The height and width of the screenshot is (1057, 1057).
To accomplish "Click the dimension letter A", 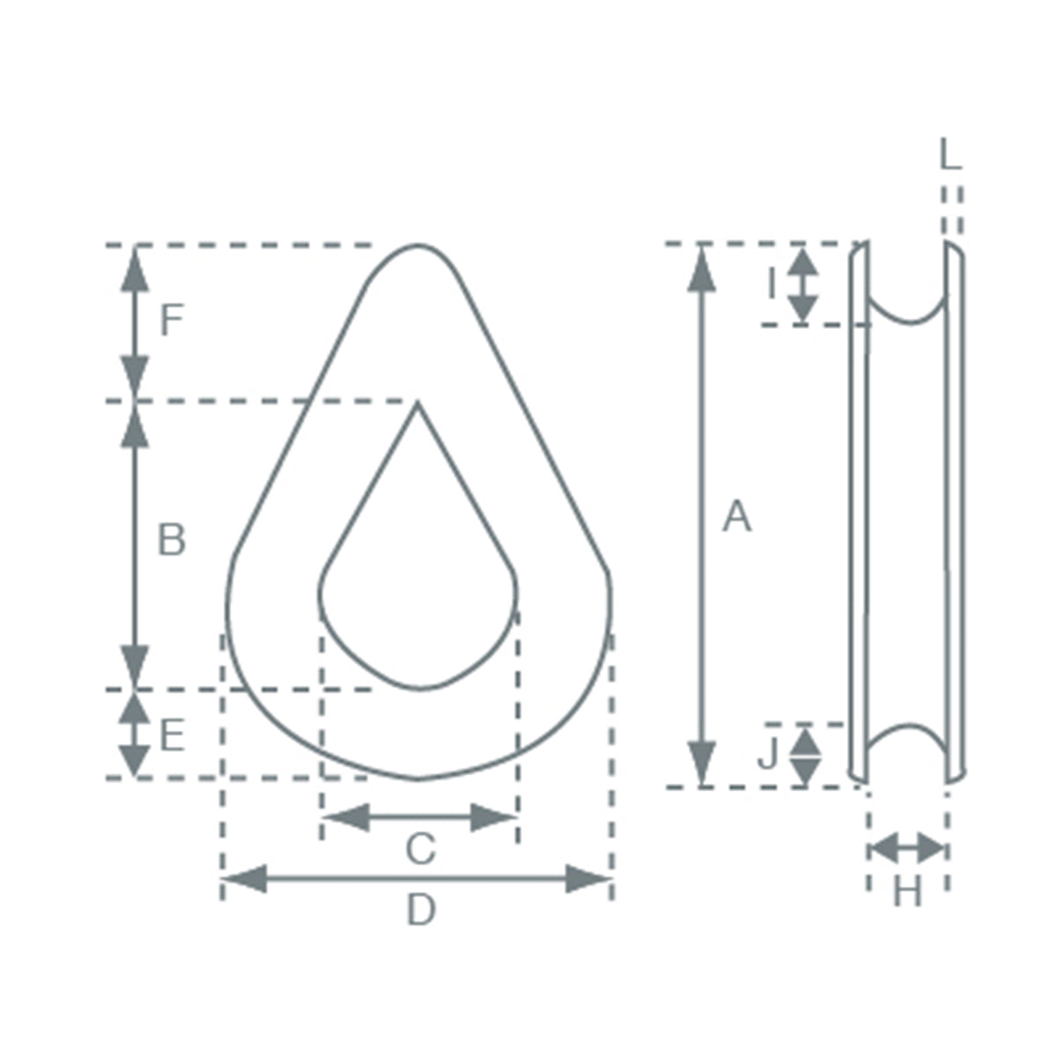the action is point(736,516).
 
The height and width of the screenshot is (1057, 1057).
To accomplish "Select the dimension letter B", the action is point(171,540).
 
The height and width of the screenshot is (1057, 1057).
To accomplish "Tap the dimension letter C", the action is point(421,848).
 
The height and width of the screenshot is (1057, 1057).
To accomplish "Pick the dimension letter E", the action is point(172,735).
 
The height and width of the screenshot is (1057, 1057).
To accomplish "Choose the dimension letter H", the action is point(908,891).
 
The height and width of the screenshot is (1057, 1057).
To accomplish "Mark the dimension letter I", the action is point(772,284).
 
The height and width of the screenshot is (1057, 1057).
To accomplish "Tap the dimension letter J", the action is point(768,752).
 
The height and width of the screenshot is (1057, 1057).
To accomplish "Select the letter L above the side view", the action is point(950,154).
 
